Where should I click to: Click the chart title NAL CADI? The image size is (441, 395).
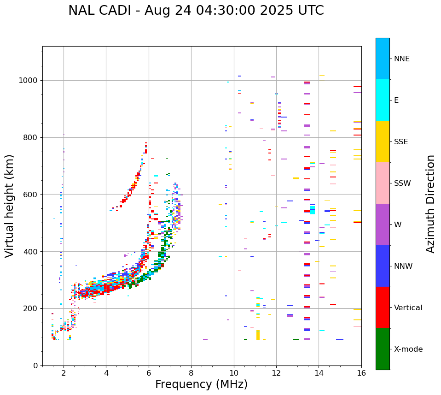click(x=196, y=11)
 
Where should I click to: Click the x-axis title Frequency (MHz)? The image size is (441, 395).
click(x=201, y=384)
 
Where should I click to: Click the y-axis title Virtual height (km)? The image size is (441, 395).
click(x=10, y=206)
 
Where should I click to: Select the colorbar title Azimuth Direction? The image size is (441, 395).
click(x=430, y=203)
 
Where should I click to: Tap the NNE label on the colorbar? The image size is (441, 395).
click(x=401, y=59)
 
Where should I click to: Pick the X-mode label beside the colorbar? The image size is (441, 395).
click(x=408, y=349)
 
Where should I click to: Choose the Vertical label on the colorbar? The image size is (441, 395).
click(x=408, y=308)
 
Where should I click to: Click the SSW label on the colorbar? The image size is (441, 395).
click(x=402, y=183)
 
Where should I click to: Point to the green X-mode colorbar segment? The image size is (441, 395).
click(x=383, y=349)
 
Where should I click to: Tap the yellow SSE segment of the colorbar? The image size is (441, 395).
click(x=383, y=141)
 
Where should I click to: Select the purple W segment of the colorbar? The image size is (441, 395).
click(x=383, y=224)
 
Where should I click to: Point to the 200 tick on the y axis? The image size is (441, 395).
click(x=31, y=308)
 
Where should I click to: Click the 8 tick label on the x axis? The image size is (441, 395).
click(x=191, y=372)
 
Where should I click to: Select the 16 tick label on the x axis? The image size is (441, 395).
click(x=361, y=372)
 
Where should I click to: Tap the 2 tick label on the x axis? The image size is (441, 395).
click(x=64, y=372)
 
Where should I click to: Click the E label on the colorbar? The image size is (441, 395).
click(x=396, y=100)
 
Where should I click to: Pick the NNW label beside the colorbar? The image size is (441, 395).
click(x=403, y=266)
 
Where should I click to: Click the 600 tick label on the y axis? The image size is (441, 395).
click(x=31, y=195)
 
